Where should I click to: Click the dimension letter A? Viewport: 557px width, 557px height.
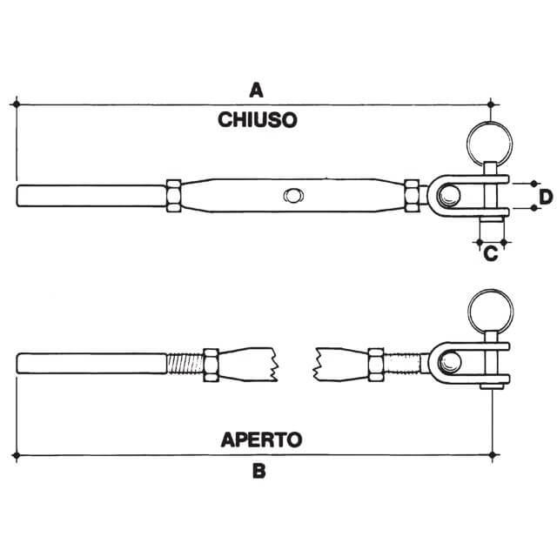[256, 90]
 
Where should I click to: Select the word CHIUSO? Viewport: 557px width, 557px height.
[258, 120]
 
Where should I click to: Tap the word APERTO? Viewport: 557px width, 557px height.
[261, 440]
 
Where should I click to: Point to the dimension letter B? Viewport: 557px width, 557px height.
[259, 472]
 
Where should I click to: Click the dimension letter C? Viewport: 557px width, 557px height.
[491, 253]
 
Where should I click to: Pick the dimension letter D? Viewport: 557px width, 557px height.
[546, 198]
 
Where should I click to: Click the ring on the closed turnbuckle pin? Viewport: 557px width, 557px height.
[489, 144]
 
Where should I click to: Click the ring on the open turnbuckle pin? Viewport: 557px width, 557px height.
[491, 312]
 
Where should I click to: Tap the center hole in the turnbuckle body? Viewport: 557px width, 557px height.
[293, 195]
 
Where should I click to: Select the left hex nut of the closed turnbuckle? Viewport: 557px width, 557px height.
[174, 196]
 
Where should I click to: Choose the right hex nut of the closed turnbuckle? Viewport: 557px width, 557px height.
[412, 196]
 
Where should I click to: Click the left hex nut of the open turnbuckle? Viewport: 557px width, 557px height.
[211, 365]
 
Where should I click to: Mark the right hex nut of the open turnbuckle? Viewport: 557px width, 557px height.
[376, 365]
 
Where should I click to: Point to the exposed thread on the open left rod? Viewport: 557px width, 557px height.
[185, 364]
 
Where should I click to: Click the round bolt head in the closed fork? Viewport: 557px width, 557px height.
[449, 196]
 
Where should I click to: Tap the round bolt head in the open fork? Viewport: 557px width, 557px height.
[450, 363]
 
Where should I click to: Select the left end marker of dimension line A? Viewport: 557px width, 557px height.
[16, 104]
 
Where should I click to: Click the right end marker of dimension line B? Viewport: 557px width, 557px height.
[492, 454]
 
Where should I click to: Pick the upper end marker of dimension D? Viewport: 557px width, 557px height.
[534, 184]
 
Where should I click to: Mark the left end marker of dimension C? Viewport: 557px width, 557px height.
[480, 242]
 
